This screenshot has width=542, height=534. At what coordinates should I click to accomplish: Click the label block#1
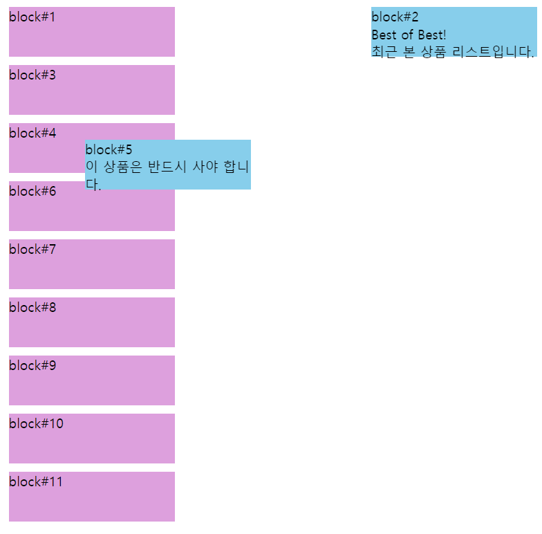tap(32, 17)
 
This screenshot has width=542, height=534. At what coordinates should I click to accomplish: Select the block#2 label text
tap(395, 17)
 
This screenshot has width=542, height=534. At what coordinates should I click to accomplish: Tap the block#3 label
tap(32, 75)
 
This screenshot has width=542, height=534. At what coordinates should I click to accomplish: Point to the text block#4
tap(32, 133)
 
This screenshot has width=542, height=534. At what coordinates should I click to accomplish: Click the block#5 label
tap(109, 149)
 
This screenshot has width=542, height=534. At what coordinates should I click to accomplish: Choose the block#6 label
tap(32, 191)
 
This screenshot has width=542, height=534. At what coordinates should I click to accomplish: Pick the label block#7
tap(32, 249)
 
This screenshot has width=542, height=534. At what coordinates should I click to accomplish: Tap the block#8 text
tap(32, 307)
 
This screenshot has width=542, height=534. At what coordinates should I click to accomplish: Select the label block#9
tap(32, 365)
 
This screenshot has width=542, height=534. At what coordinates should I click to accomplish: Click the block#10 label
tap(36, 423)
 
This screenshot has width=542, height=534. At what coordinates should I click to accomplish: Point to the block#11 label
tap(35, 481)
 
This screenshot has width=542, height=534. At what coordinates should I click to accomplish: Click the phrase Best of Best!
tap(409, 35)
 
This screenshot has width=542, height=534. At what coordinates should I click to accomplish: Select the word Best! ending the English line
tap(432, 35)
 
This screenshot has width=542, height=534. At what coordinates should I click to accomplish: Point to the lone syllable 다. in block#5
tap(93, 185)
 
